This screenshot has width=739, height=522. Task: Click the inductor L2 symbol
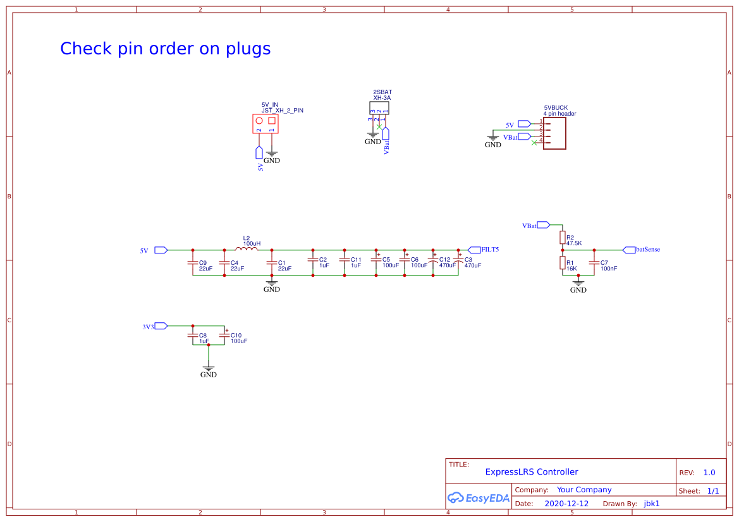(x=247, y=249)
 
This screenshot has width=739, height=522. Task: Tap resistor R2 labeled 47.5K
(x=562, y=237)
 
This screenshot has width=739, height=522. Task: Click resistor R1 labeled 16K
(x=562, y=263)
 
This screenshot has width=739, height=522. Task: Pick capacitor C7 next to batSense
(x=594, y=262)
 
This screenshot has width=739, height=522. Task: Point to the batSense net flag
(x=629, y=250)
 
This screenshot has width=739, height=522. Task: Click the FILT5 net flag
(x=474, y=250)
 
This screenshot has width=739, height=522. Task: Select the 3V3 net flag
(x=161, y=326)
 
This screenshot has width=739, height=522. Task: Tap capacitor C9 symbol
(x=193, y=262)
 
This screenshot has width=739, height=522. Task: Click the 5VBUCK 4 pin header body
(x=554, y=133)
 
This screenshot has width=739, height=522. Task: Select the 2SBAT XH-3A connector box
(x=379, y=108)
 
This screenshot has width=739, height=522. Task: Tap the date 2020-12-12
(x=566, y=504)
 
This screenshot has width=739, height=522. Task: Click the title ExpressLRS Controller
(x=532, y=472)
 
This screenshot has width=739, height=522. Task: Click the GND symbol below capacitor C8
(x=208, y=368)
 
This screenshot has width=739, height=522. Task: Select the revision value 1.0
(x=709, y=473)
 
